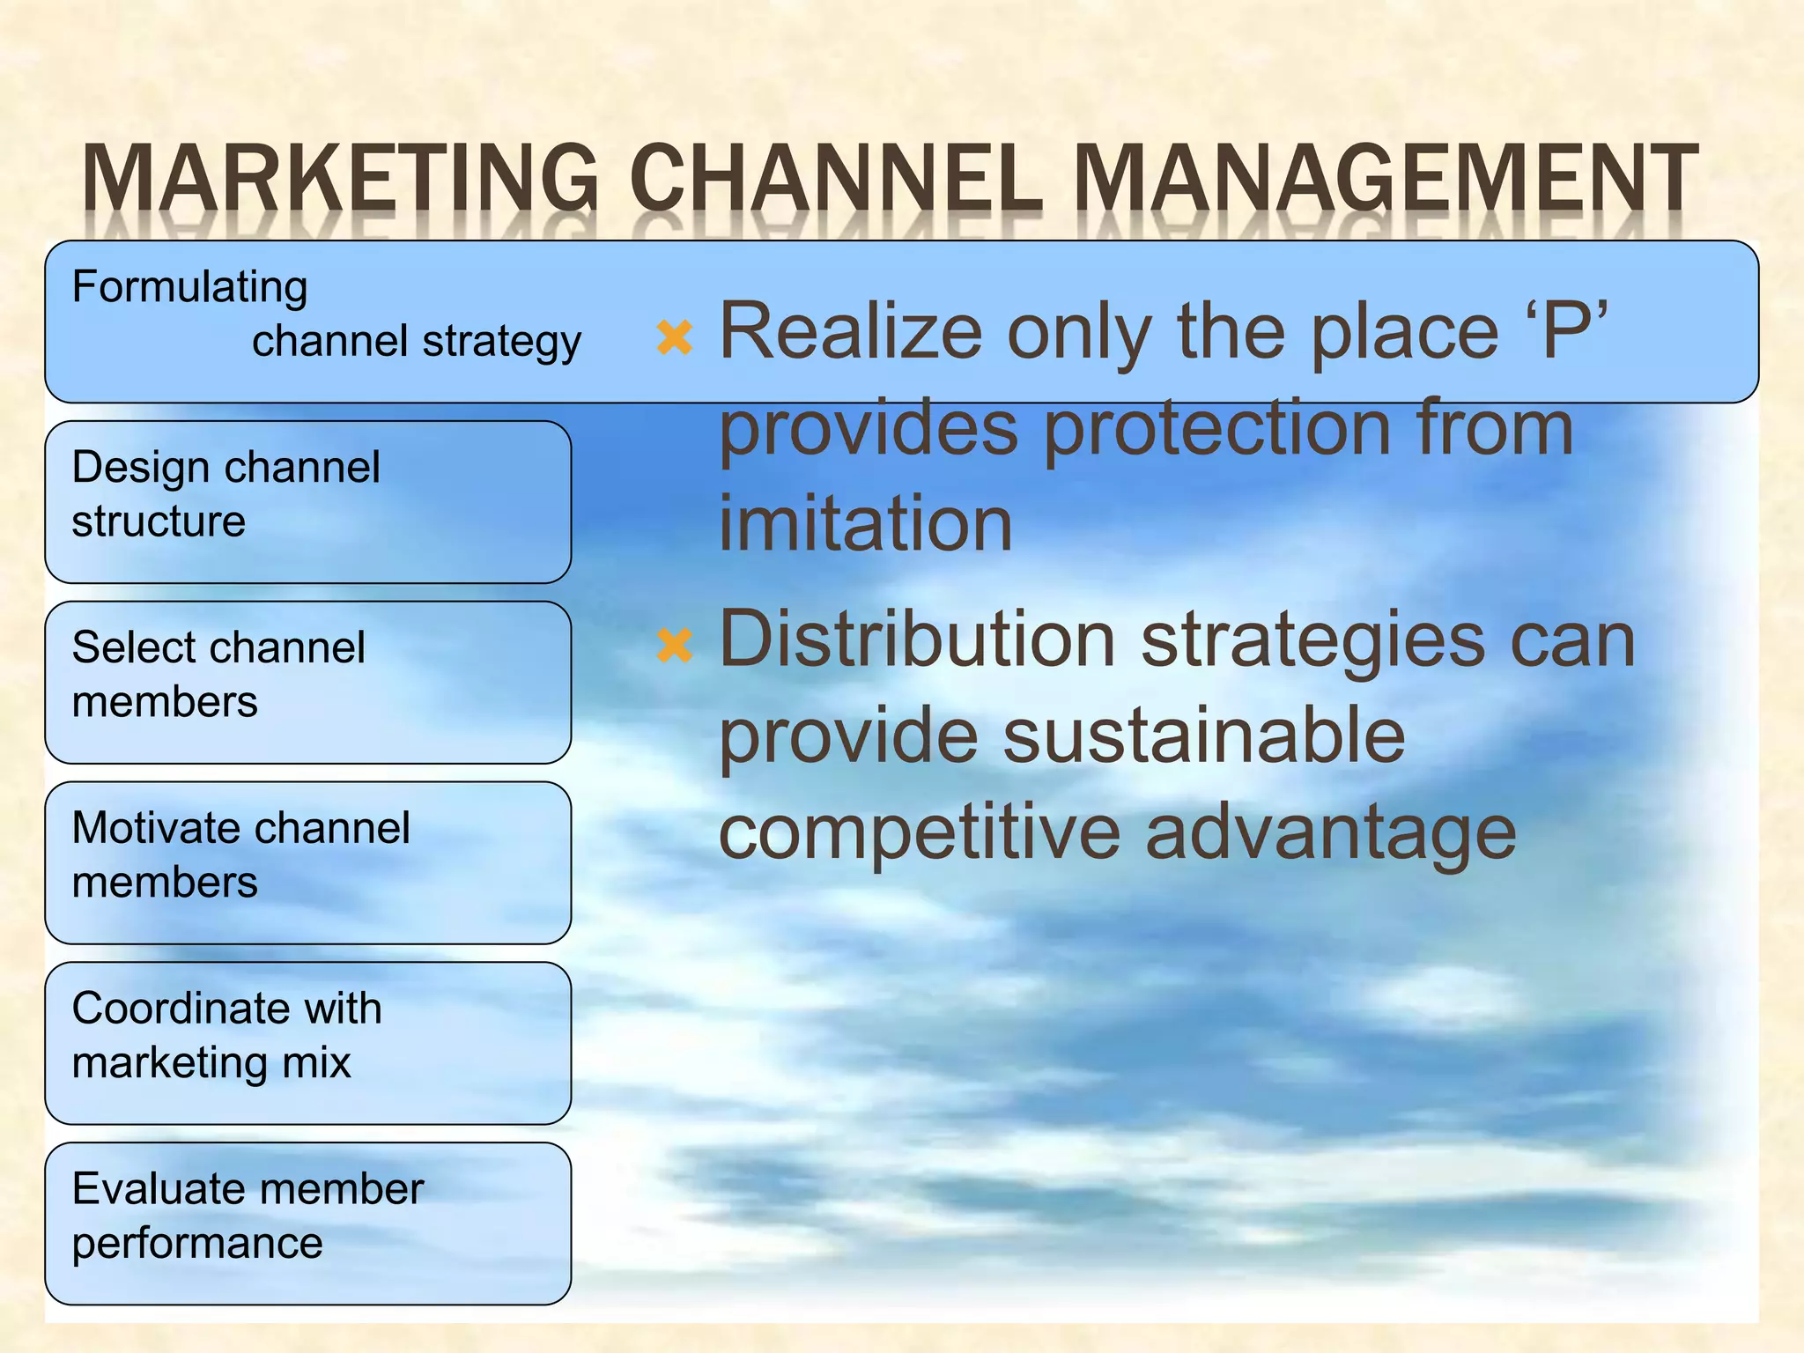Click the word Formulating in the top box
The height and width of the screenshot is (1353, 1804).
click(189, 288)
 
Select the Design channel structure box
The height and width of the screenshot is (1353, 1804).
click(307, 501)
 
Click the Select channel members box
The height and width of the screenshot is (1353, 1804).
click(307, 682)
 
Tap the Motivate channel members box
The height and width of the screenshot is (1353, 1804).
click(307, 862)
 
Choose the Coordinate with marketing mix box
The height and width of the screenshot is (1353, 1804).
click(307, 1043)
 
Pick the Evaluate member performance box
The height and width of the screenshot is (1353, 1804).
click(307, 1224)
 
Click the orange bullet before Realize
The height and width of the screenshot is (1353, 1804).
click(675, 337)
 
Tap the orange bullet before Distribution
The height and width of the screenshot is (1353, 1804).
click(675, 645)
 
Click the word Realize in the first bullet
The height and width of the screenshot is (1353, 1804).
click(850, 331)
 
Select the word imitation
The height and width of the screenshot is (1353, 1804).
click(865, 523)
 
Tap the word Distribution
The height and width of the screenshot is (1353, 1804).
click(917, 640)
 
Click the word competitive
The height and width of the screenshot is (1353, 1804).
click(918, 833)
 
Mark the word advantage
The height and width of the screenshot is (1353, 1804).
click(1330, 835)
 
